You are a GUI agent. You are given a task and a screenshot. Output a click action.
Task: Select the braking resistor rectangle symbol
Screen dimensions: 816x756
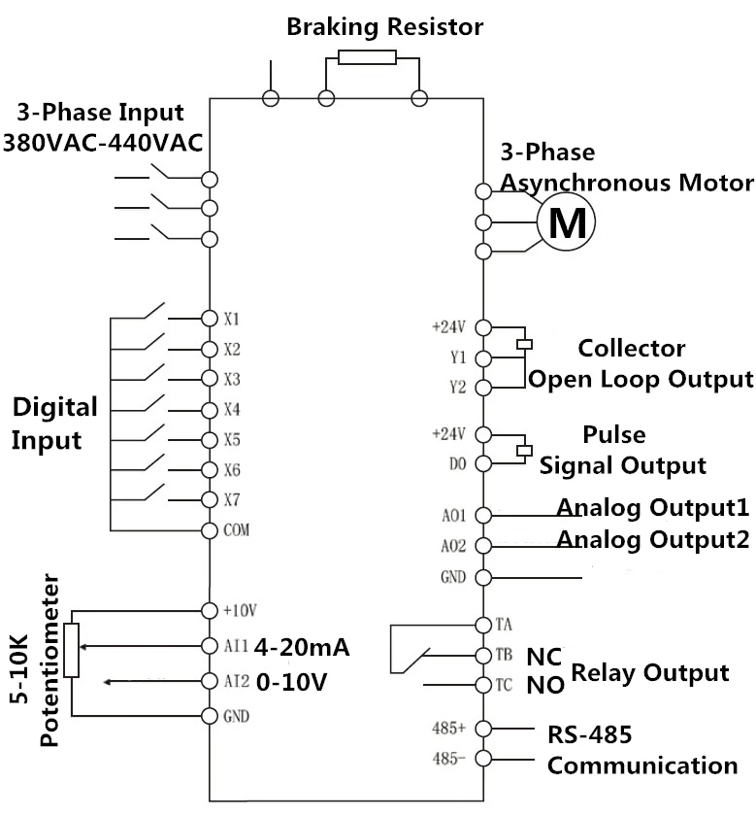367,57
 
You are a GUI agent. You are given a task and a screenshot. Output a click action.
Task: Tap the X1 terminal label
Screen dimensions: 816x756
231,318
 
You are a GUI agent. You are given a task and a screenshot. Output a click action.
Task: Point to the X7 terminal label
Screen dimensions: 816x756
231,499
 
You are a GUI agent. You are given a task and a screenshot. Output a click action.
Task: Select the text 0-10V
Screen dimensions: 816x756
291,681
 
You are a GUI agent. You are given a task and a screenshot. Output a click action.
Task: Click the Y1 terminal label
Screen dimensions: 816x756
458,357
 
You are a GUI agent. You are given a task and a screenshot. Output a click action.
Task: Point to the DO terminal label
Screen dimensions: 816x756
458,463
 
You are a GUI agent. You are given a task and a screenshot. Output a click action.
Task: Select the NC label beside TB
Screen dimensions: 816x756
543,655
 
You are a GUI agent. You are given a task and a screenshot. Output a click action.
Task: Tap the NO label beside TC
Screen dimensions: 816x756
544,686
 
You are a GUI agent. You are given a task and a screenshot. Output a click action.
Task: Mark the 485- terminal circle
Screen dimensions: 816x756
482,758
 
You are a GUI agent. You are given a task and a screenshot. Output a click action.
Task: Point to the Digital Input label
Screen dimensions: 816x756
54,423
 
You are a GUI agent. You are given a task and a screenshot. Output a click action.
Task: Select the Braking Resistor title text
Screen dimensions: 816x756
384,26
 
